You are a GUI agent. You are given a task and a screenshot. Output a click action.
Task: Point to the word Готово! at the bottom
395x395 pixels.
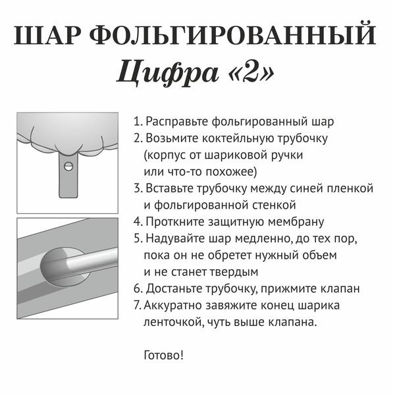[x=164, y=355]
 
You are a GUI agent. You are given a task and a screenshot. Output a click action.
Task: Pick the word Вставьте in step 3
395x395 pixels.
[x=172, y=188]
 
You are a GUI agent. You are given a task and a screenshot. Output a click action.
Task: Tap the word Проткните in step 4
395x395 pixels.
[x=174, y=221]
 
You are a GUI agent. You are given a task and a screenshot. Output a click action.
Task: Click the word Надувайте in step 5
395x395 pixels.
[x=176, y=238]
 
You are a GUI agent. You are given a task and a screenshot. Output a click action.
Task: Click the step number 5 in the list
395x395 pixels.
[x=137, y=238]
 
